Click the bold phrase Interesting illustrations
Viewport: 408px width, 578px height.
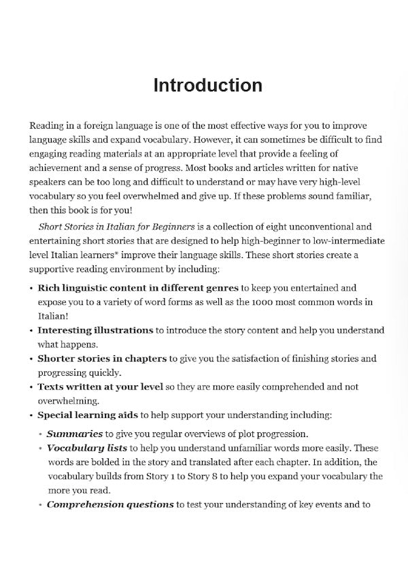pos(95,330)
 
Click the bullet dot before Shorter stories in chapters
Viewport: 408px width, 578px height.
pos(31,359)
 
